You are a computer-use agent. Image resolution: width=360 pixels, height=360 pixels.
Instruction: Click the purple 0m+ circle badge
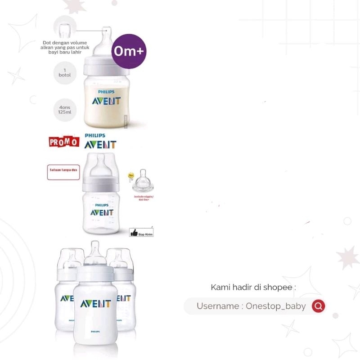click(129, 51)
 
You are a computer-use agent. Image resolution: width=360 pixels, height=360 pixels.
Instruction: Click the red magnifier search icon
click(318, 306)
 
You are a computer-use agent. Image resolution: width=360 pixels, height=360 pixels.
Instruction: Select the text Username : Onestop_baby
click(251, 306)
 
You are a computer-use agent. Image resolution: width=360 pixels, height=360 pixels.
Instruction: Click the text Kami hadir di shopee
click(253, 287)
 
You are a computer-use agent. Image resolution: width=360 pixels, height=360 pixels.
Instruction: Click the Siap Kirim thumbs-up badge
click(141, 233)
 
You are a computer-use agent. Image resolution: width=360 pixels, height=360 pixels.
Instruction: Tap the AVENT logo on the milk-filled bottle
click(106, 100)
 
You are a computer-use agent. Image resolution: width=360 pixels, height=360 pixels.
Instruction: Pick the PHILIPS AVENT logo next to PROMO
click(100, 141)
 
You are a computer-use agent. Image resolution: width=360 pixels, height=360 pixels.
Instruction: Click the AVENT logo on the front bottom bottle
click(95, 304)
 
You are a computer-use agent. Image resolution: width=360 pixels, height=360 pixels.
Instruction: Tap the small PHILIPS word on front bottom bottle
click(95, 331)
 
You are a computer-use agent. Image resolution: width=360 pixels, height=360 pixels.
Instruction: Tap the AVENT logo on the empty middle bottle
click(101, 212)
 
